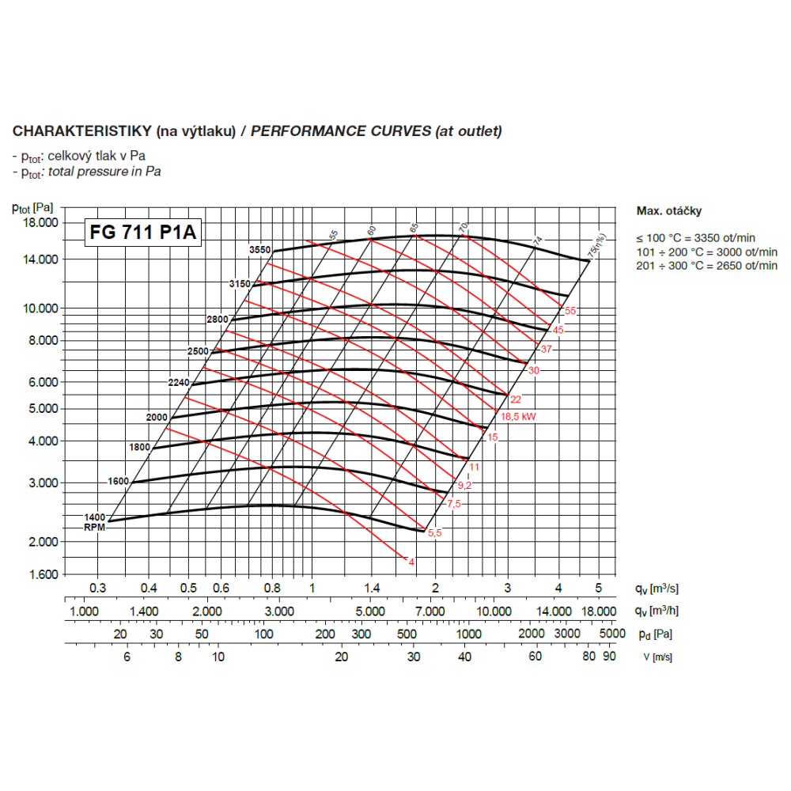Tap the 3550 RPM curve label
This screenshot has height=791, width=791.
pos(260,250)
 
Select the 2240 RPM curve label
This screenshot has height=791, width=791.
pos(180,383)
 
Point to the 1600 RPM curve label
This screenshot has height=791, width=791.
pos(118,481)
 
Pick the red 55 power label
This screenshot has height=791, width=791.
pos(570,311)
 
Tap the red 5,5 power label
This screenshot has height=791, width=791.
pos(434,534)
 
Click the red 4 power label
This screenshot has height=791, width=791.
pos(411,562)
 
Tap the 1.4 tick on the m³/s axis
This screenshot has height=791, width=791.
pos(373,589)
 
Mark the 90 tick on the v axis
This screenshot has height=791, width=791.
pos(609,657)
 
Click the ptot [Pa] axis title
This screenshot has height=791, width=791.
pos(33,208)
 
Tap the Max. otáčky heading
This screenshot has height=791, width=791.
pos(668,211)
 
